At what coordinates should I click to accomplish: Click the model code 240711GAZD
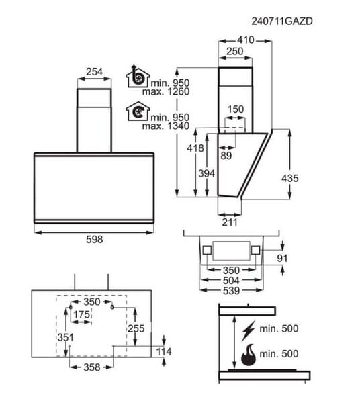click(282, 21)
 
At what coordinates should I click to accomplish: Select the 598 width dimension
click(94, 240)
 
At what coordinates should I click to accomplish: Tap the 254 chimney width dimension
click(94, 71)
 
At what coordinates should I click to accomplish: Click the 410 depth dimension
click(246, 40)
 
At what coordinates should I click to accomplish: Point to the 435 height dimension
click(290, 178)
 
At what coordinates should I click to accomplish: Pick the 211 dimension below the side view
click(230, 222)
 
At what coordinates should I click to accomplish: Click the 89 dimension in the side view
click(226, 156)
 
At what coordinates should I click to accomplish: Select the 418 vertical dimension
click(195, 148)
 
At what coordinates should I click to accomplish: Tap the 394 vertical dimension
click(207, 173)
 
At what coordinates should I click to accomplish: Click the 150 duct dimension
click(236, 109)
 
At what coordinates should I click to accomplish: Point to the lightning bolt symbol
click(249, 330)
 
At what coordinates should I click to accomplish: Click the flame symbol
click(249, 355)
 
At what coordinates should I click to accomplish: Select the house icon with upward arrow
click(138, 76)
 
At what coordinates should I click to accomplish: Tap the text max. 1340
click(166, 126)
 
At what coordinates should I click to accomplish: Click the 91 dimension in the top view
click(282, 258)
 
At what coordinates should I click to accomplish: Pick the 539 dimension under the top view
click(231, 291)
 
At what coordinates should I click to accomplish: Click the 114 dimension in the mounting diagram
click(164, 351)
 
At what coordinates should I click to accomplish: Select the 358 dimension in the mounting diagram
click(92, 367)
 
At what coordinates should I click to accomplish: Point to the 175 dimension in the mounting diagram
click(82, 314)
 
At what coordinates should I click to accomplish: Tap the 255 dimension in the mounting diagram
click(136, 328)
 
